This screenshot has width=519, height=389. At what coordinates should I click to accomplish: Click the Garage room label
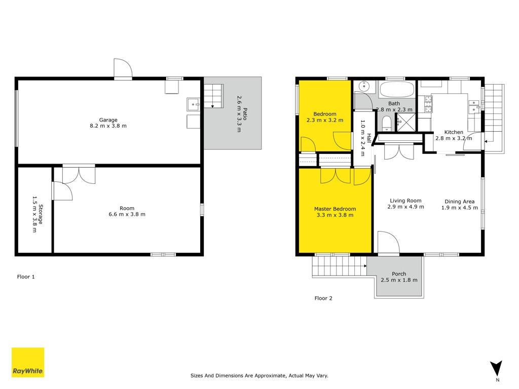pyautogui.click(x=108, y=120)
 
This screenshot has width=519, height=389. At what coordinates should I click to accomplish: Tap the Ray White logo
pyautogui.click(x=28, y=362)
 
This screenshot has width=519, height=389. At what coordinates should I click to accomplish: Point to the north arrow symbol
pyautogui.click(x=496, y=368)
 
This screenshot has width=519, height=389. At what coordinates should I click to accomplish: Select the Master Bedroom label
pyautogui.click(x=335, y=209)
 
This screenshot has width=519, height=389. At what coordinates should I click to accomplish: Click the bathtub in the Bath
pyautogui.click(x=397, y=89)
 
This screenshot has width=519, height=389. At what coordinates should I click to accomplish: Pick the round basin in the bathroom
pyautogui.click(x=364, y=86)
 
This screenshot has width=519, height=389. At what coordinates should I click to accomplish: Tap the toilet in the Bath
pyautogui.click(x=386, y=123)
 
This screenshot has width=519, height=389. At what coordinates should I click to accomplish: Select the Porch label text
pyautogui.click(x=399, y=274)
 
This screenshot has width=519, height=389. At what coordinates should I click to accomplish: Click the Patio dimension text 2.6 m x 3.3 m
pyautogui.click(x=239, y=114)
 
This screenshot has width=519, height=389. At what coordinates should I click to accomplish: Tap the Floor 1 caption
pyautogui.click(x=26, y=277)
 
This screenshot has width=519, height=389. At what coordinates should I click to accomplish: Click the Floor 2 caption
pyautogui.click(x=323, y=298)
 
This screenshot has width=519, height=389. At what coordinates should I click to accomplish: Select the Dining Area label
pyautogui.click(x=459, y=202)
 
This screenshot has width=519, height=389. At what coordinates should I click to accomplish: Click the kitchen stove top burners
pyautogui.click(x=428, y=104)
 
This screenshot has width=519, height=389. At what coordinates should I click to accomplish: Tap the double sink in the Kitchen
pyautogui.click(x=474, y=106)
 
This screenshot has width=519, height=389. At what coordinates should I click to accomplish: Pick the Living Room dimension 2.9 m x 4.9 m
pyautogui.click(x=405, y=207)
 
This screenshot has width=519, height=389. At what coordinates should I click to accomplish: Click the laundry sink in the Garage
pyautogui.click(x=193, y=104)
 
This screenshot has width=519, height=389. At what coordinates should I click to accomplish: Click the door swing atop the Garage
pyautogui.click(x=123, y=68)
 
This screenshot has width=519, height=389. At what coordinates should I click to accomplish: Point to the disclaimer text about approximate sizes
pyautogui.click(x=259, y=375)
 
